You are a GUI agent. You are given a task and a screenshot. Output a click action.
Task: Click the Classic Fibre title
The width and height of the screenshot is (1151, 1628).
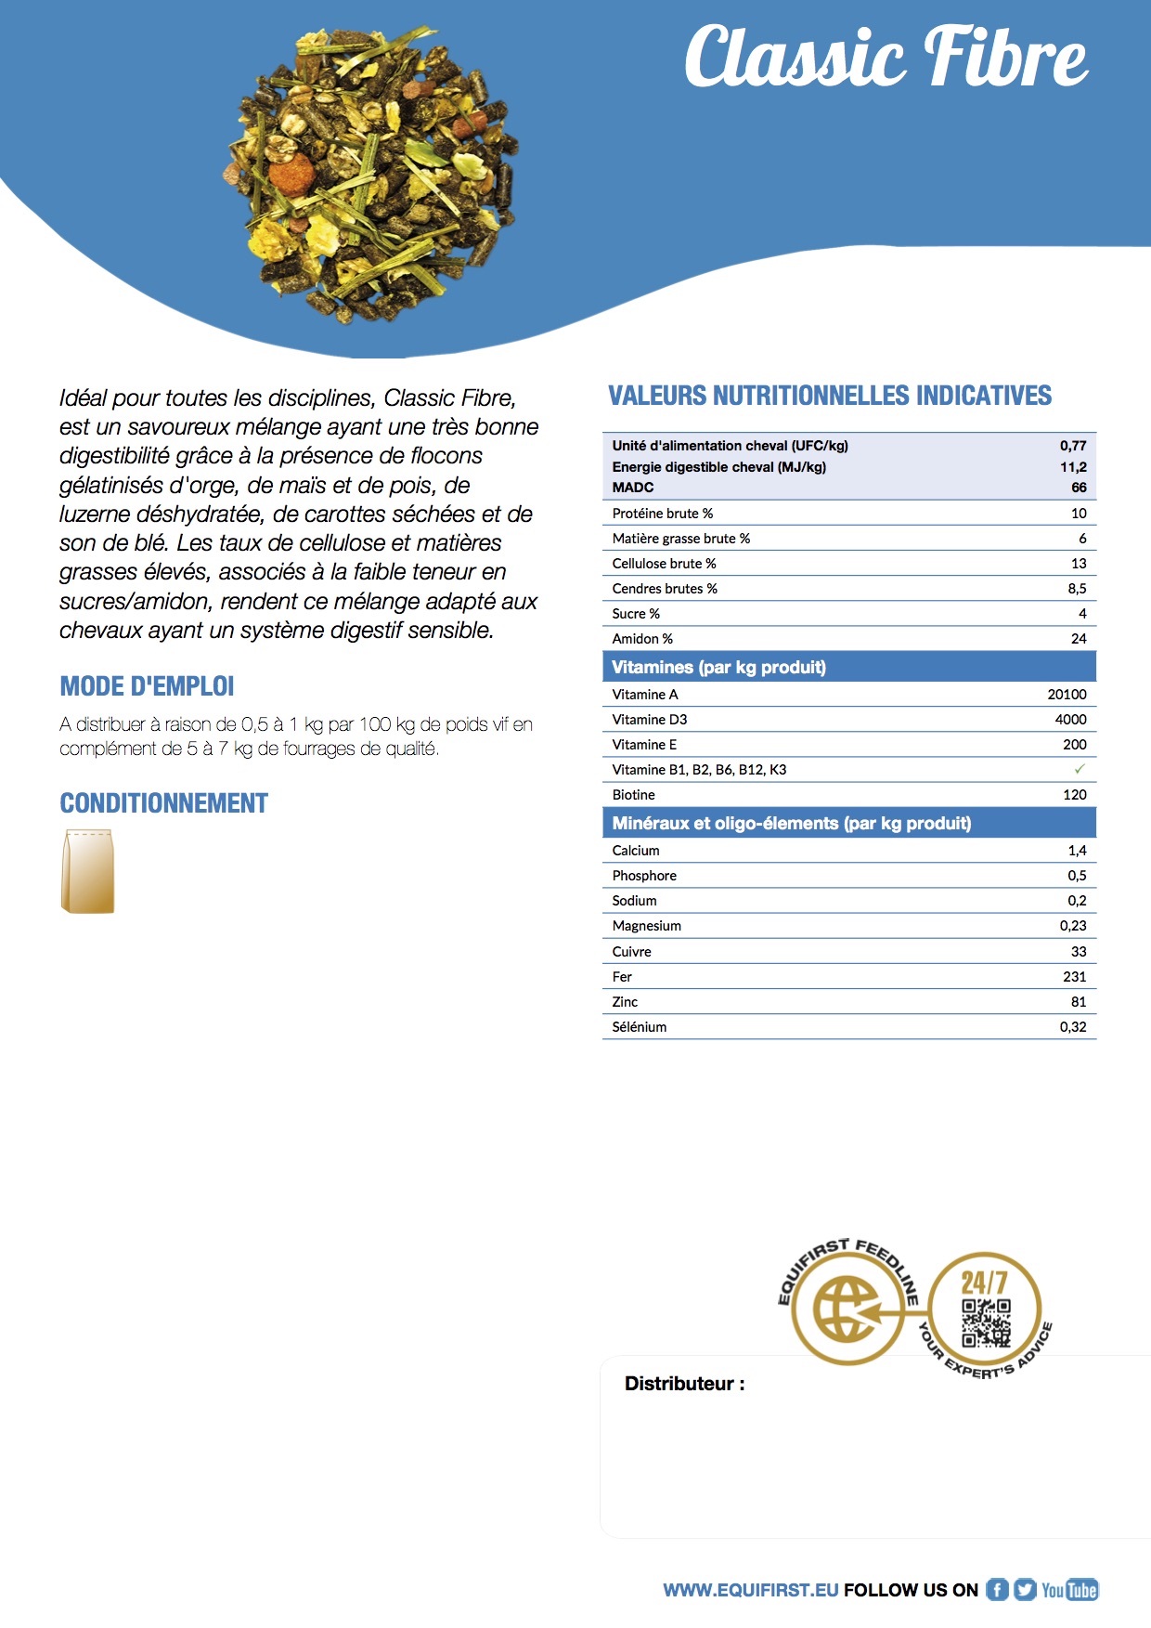point(886,58)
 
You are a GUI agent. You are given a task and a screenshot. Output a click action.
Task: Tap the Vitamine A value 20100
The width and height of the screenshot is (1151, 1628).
point(1067,695)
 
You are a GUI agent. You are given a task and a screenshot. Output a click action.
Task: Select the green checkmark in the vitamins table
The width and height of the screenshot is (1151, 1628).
point(1079,769)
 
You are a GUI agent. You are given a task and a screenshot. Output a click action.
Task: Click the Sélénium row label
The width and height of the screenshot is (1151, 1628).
point(640,1027)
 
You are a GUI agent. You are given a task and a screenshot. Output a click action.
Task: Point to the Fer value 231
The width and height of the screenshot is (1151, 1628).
point(1074,977)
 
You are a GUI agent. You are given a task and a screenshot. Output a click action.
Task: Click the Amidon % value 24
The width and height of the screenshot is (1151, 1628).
point(1079,639)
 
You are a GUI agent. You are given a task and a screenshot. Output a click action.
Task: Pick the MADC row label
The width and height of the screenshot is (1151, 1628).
point(633,488)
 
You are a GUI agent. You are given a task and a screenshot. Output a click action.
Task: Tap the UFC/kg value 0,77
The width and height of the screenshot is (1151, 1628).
point(1073,446)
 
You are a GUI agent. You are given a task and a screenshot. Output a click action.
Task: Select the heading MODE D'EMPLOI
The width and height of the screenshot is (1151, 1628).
point(147,686)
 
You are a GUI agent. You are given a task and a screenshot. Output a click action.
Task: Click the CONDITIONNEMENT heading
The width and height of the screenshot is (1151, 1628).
point(163,803)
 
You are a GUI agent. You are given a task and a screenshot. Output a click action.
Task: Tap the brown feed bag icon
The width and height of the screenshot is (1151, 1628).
point(88,871)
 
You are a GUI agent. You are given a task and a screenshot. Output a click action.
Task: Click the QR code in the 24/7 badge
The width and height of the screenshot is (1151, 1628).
point(985,1322)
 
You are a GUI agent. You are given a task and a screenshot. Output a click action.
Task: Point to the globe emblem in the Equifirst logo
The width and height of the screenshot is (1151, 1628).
point(846,1309)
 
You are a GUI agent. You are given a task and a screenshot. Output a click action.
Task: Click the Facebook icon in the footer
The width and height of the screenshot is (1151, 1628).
point(997,1590)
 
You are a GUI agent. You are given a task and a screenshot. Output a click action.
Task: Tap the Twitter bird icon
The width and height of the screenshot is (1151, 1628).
point(1025,1590)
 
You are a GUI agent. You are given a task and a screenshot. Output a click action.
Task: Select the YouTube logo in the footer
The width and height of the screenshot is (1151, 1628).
point(1069,1590)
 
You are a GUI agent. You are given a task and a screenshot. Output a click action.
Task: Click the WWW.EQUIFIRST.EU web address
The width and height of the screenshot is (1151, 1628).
point(750,1590)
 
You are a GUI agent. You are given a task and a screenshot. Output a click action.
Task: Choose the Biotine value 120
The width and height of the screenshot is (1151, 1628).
point(1074,795)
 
